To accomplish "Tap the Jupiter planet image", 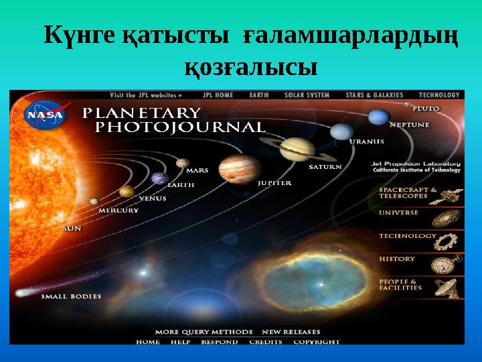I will coord(230,166).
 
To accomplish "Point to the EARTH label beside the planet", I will coord(181,184).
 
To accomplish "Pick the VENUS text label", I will coord(153,198).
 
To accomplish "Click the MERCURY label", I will coord(118,210).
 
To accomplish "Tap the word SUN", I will coord(72,228).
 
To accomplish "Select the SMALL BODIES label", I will coord(72,296).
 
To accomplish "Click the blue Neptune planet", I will coord(379,117).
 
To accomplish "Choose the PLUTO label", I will coord(426,108).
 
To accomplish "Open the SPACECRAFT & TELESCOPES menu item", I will coord(408,194).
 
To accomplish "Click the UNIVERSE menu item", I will coord(399,213).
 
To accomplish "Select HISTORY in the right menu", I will coord(397,259).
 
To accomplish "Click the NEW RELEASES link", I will coord(291,332).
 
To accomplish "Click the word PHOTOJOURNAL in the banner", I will coord(180,126).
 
